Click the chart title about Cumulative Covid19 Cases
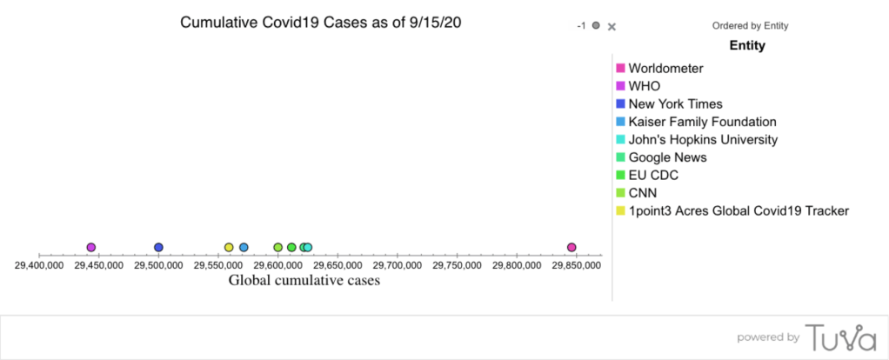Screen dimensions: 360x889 click(320, 23)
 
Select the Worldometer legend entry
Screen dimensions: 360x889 click(665, 68)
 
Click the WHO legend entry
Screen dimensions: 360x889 click(644, 85)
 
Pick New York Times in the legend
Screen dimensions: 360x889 click(675, 103)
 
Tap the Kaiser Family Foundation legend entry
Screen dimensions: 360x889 click(702, 122)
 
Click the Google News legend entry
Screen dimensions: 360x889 click(667, 157)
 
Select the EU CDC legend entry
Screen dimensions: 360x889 click(653, 175)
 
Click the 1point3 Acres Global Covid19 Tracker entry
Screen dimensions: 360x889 click(739, 210)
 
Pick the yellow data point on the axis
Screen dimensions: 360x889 click(229, 248)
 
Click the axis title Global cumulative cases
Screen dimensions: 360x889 click(304, 280)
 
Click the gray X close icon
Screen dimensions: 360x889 click(612, 26)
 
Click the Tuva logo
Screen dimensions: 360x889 click(839, 337)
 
